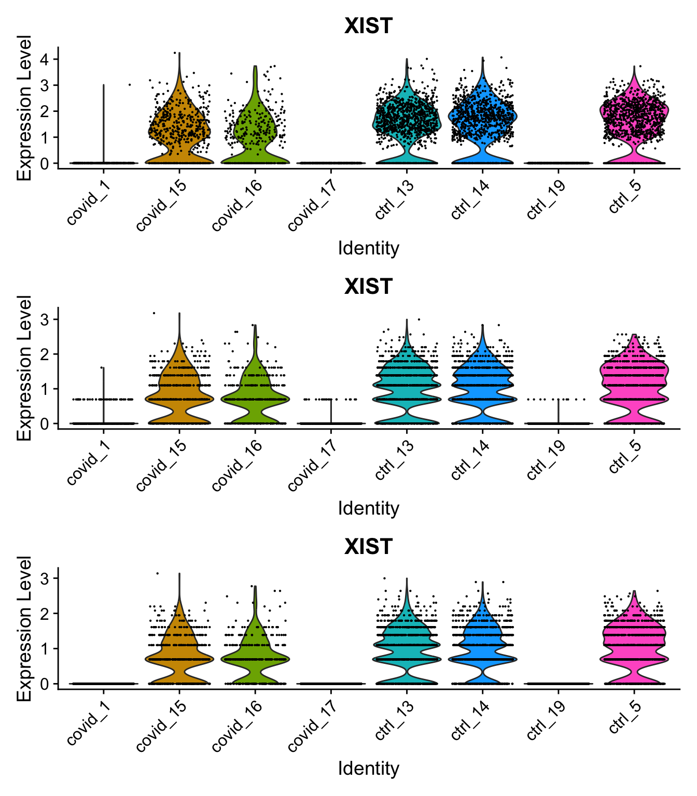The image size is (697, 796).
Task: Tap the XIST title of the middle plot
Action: point(368,286)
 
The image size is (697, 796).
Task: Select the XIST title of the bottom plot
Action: point(368,546)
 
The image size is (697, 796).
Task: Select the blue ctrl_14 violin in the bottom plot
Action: point(482,656)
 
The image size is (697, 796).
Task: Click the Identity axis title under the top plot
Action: point(368,248)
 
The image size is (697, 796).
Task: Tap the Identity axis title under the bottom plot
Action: point(368,768)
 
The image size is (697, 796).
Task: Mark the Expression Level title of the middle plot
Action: point(24,368)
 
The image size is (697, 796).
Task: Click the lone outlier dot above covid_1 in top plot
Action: point(129,84)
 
